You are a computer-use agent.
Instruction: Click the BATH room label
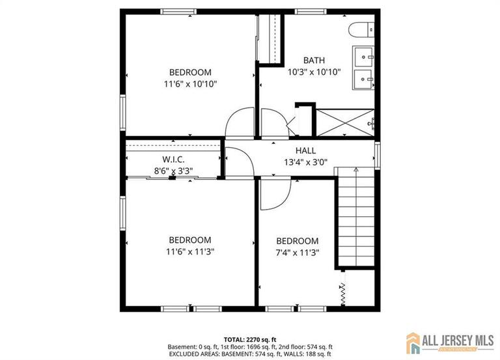click(x=314, y=61)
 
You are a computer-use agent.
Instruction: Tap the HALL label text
click(x=305, y=151)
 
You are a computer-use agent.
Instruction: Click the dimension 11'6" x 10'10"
click(x=190, y=83)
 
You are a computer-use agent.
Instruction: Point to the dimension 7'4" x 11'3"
click(x=297, y=253)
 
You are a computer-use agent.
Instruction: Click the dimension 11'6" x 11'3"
click(x=190, y=251)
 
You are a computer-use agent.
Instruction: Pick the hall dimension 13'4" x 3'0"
click(x=305, y=163)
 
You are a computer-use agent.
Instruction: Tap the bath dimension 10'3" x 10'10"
click(x=314, y=72)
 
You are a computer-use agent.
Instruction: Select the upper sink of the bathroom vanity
click(x=363, y=57)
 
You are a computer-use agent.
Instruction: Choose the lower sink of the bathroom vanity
click(x=363, y=79)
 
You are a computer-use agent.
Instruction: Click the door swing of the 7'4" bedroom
click(x=273, y=193)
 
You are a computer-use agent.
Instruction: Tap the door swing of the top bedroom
click(x=238, y=123)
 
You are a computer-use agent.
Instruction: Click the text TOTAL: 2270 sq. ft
click(x=250, y=340)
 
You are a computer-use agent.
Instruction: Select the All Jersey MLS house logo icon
click(x=415, y=342)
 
